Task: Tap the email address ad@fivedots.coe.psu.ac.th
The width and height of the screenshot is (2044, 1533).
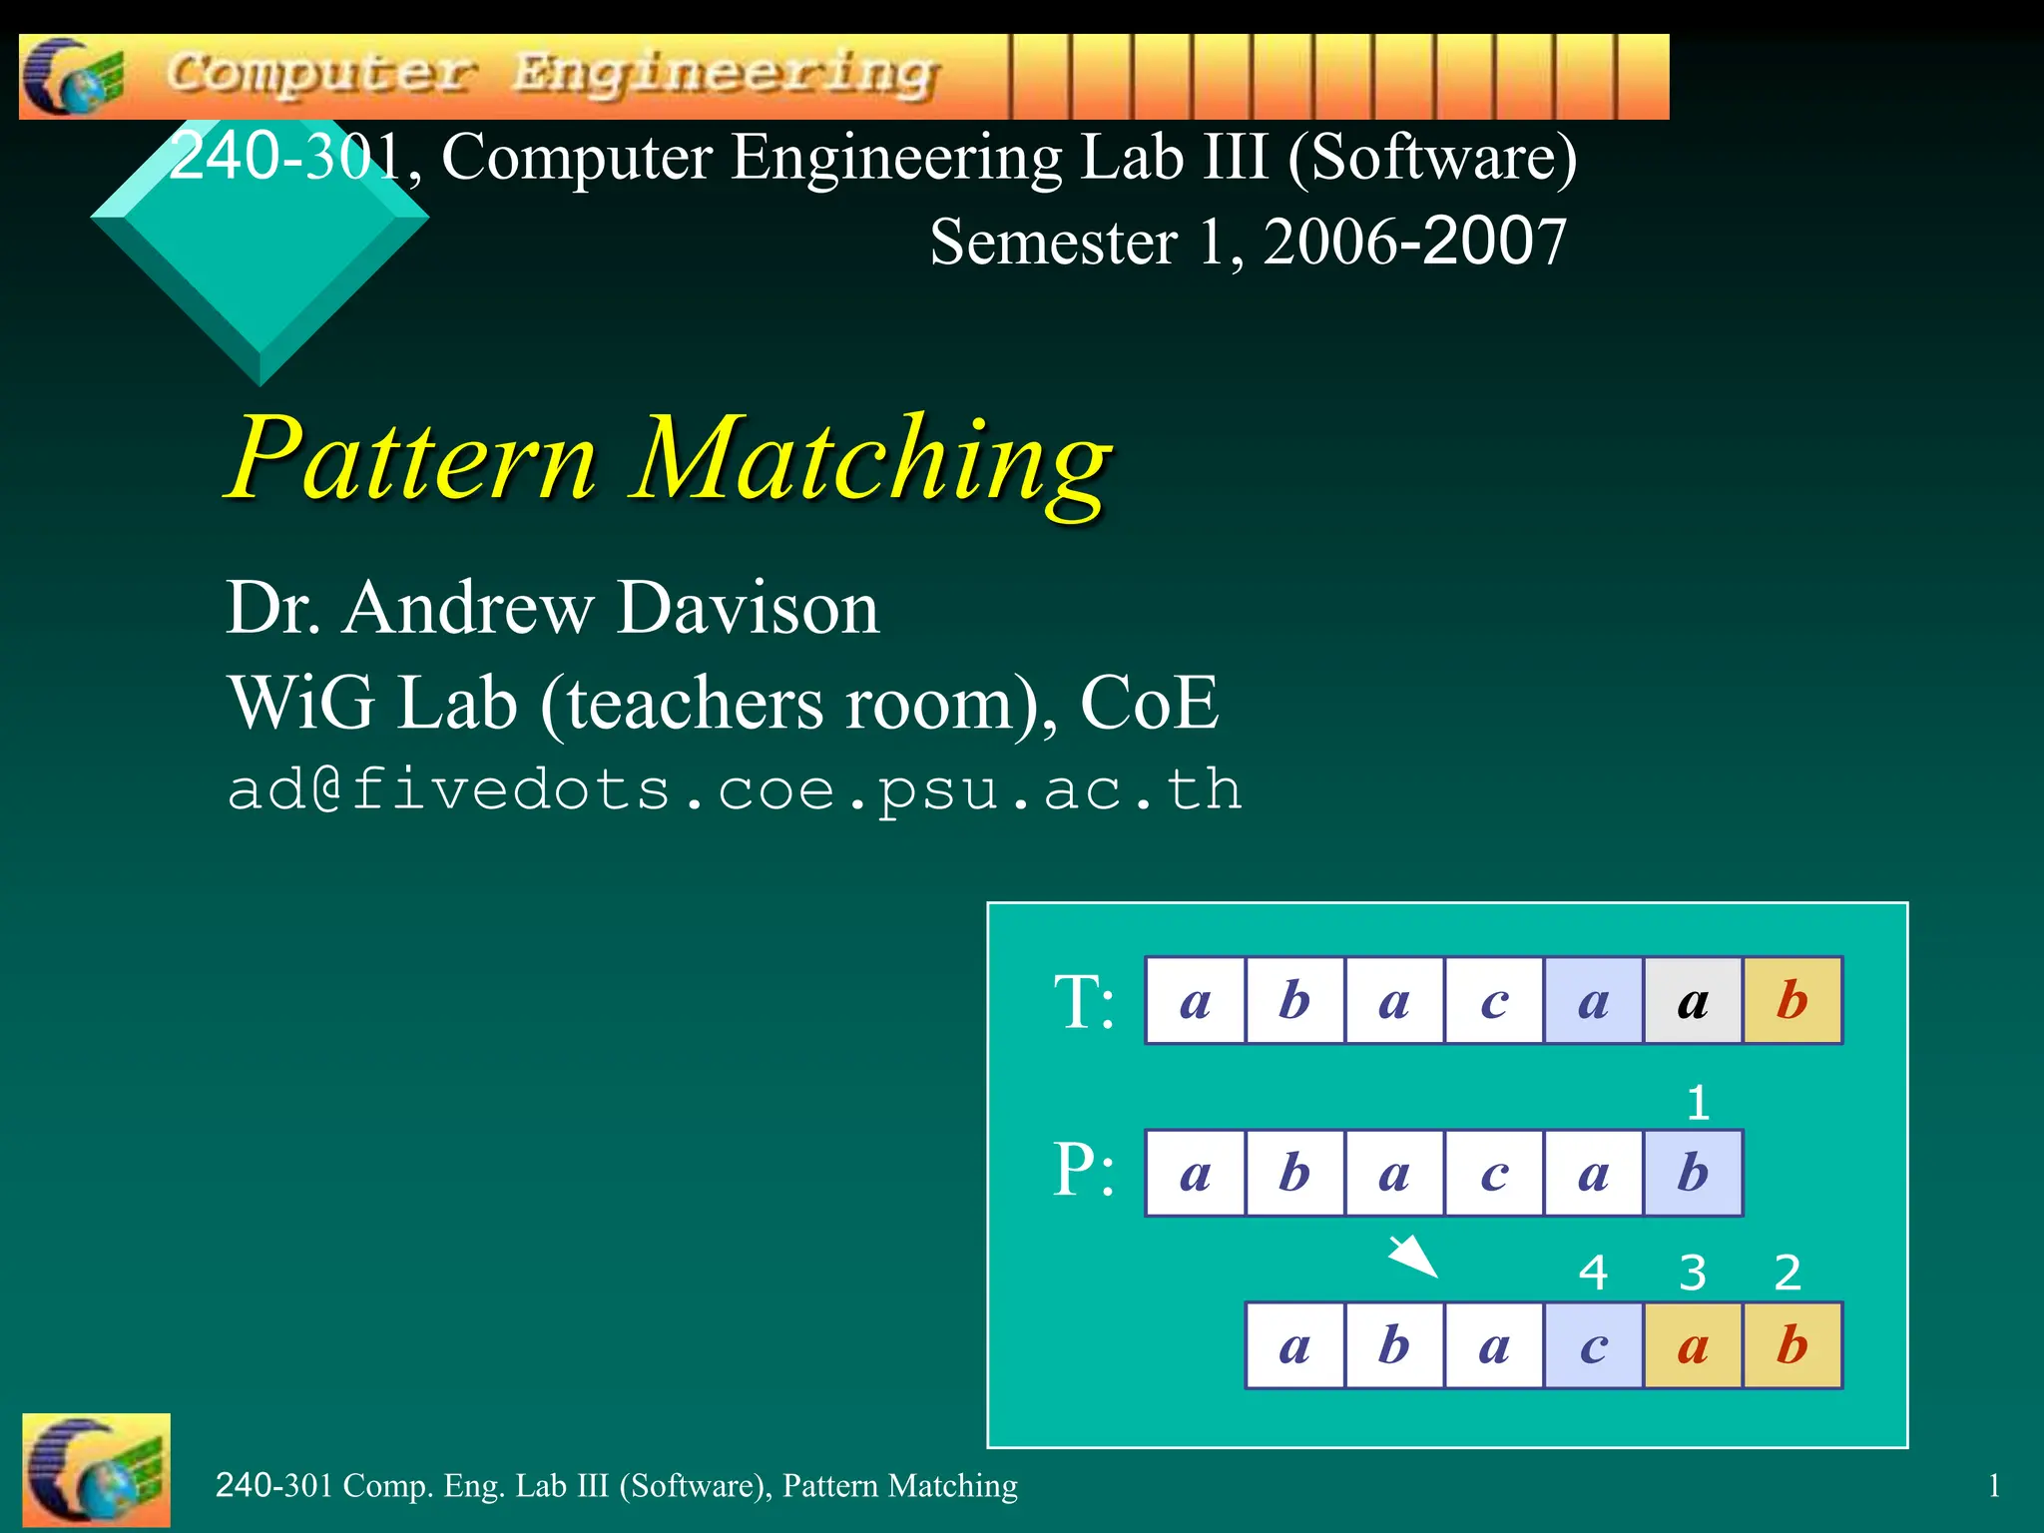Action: coord(735,789)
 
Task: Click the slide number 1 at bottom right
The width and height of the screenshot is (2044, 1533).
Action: coord(1993,1486)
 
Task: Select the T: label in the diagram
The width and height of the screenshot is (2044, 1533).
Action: coord(1084,1001)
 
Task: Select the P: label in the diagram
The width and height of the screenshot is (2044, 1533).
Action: coord(1084,1170)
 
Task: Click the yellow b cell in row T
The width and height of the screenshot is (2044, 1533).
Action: coord(1792,1000)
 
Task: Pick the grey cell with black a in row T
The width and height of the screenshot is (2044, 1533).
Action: coord(1693,1000)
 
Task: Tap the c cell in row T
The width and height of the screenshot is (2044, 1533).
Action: coord(1494,1000)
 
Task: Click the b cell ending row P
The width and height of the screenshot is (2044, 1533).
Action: coord(1693,1173)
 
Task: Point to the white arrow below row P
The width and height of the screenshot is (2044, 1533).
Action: coord(1414,1256)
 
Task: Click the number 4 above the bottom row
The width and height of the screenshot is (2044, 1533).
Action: coord(1593,1273)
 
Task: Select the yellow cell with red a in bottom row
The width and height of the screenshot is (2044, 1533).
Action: coord(1693,1345)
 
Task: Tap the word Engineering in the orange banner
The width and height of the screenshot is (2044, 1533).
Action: coord(726,75)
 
